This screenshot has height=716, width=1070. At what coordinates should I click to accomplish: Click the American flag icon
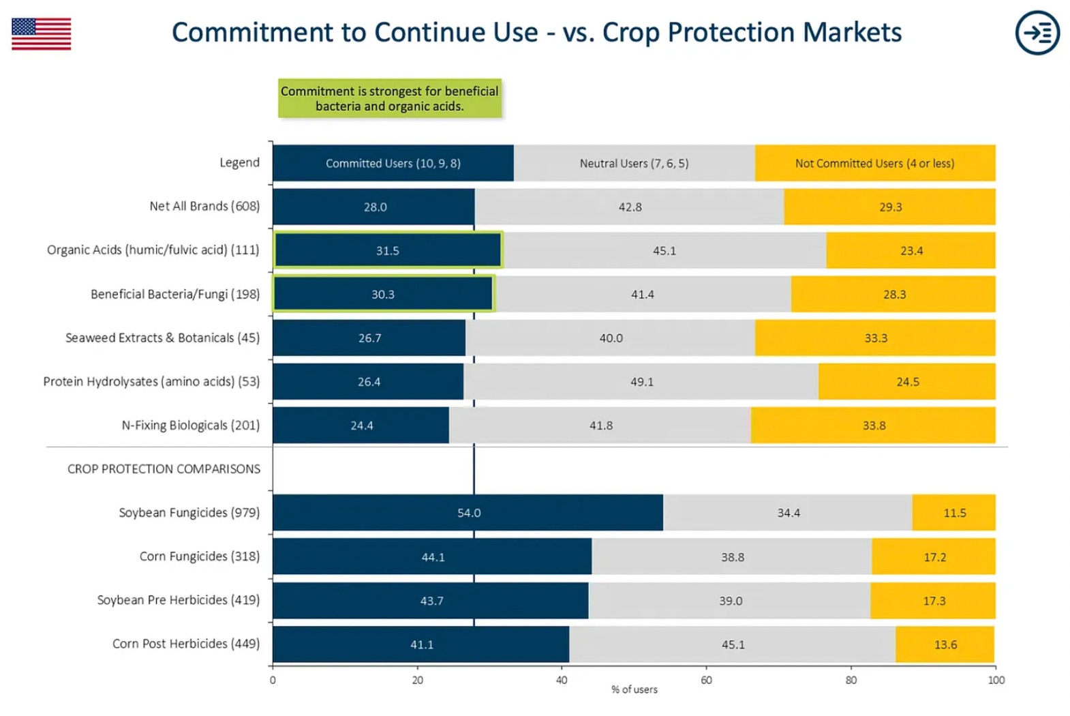(x=41, y=34)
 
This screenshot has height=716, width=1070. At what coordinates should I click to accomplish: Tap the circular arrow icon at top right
(x=1037, y=33)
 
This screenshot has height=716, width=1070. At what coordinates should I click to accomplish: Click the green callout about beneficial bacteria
(x=389, y=98)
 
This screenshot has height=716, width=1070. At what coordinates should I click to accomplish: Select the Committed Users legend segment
(x=393, y=163)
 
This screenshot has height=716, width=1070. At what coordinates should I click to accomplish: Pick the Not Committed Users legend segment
(x=874, y=163)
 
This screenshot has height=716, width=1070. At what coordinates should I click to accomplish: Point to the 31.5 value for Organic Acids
(x=387, y=251)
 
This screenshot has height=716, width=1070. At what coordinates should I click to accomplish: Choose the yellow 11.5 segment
(x=953, y=513)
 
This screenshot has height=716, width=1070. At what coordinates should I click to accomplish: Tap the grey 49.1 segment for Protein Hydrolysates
(x=641, y=382)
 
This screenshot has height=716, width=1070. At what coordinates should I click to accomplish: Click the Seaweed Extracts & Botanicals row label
(x=162, y=338)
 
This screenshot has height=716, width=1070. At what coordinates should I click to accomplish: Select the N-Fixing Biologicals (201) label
(x=190, y=426)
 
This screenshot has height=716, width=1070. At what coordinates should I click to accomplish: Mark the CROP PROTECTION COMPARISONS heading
(x=164, y=469)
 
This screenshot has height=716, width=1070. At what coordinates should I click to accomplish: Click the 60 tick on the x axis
(x=706, y=680)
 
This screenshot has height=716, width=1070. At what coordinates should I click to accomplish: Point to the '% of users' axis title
(x=634, y=690)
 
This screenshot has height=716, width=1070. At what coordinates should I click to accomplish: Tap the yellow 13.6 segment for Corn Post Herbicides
(x=945, y=644)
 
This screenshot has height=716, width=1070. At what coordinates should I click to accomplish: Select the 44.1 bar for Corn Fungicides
(x=432, y=557)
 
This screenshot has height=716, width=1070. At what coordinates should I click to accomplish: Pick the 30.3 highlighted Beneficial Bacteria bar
(x=382, y=295)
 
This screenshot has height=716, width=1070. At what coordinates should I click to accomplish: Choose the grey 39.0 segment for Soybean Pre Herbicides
(x=729, y=601)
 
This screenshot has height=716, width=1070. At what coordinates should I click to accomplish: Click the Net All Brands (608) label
(x=204, y=207)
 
